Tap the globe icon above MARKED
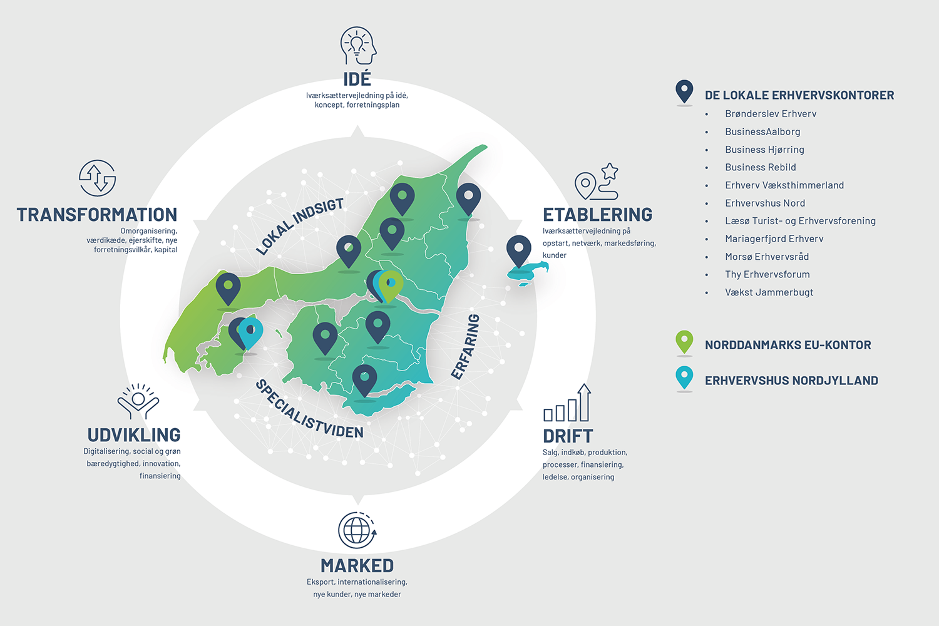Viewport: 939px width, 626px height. pyautogui.click(x=357, y=530)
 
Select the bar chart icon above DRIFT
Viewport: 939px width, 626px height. pyautogui.click(x=567, y=403)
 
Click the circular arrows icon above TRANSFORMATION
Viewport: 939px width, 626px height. pyautogui.click(x=97, y=178)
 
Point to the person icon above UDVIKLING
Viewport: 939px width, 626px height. pyautogui.click(x=138, y=401)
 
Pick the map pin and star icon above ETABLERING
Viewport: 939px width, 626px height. pyautogui.click(x=597, y=181)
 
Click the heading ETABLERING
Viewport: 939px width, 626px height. pyautogui.click(x=597, y=215)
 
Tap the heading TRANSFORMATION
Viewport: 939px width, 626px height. pyautogui.click(x=97, y=215)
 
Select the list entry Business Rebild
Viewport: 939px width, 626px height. pyautogui.click(x=761, y=167)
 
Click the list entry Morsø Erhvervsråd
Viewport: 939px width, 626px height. pyautogui.click(x=767, y=257)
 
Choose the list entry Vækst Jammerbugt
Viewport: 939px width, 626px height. pyautogui.click(x=769, y=292)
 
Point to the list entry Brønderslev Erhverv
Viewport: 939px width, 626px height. pyautogui.click(x=771, y=114)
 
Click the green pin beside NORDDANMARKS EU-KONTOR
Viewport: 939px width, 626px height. pyautogui.click(x=684, y=342)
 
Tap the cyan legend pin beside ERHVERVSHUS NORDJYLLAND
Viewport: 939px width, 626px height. pyautogui.click(x=684, y=377)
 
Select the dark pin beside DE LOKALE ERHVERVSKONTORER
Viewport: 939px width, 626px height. pyautogui.click(x=684, y=91)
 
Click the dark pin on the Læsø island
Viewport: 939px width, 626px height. pyautogui.click(x=519, y=251)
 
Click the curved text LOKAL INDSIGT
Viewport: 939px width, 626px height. pyautogui.click(x=300, y=227)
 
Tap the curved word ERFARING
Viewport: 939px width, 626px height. pyautogui.click(x=465, y=347)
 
